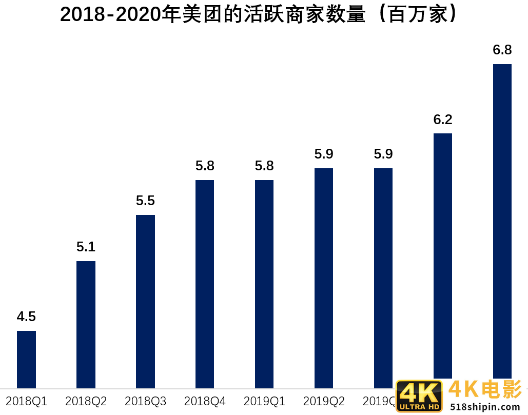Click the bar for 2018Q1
(x=26, y=359)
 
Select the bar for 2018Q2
(x=86, y=324)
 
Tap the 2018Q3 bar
(x=145, y=301)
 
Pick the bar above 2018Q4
(x=205, y=284)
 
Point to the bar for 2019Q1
(x=264, y=284)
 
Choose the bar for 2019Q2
(x=324, y=278)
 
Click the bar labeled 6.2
(x=443, y=255)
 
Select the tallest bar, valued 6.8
(x=502, y=221)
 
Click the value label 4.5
(x=26, y=317)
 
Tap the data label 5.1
(x=86, y=247)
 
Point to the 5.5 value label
(x=145, y=201)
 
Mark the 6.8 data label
(x=502, y=50)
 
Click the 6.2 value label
(x=443, y=120)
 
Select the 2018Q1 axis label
(x=26, y=401)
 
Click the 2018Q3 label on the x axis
(x=145, y=401)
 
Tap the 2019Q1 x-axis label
(x=264, y=401)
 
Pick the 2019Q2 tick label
(x=324, y=401)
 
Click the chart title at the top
(x=258, y=14)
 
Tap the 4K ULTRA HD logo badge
(x=419, y=396)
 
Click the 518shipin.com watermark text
(x=485, y=406)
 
